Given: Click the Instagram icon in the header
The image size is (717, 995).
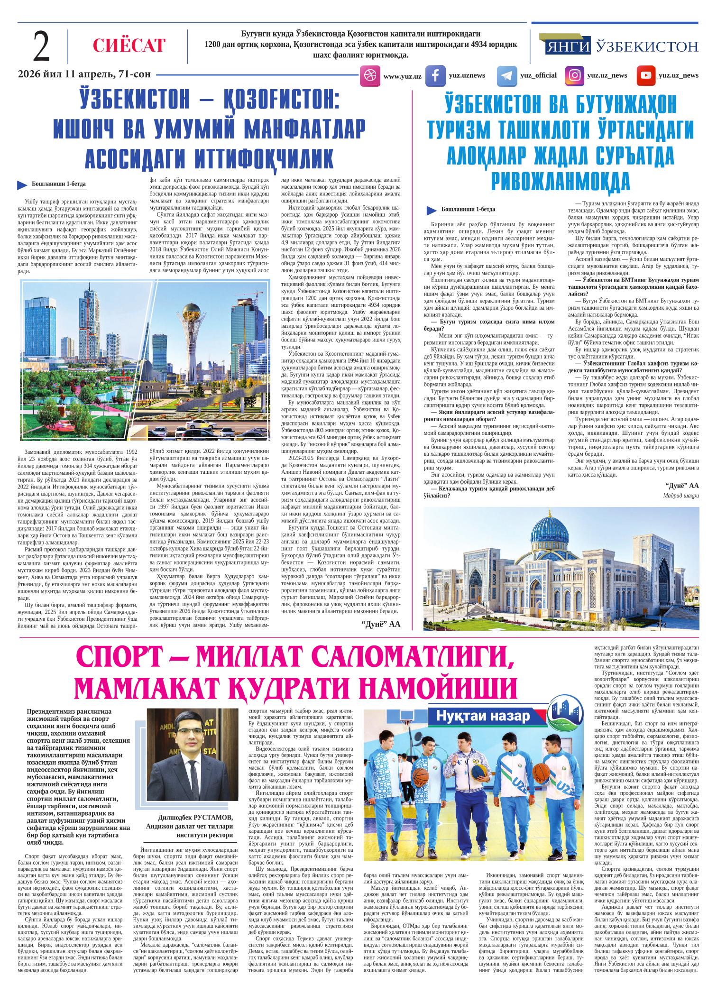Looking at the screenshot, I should [575, 75].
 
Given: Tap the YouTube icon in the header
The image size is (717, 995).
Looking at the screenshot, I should [645, 75].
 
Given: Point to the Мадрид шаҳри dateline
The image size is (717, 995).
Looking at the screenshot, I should [681, 496].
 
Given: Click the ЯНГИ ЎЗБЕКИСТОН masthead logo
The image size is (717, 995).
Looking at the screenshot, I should [622, 46].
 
